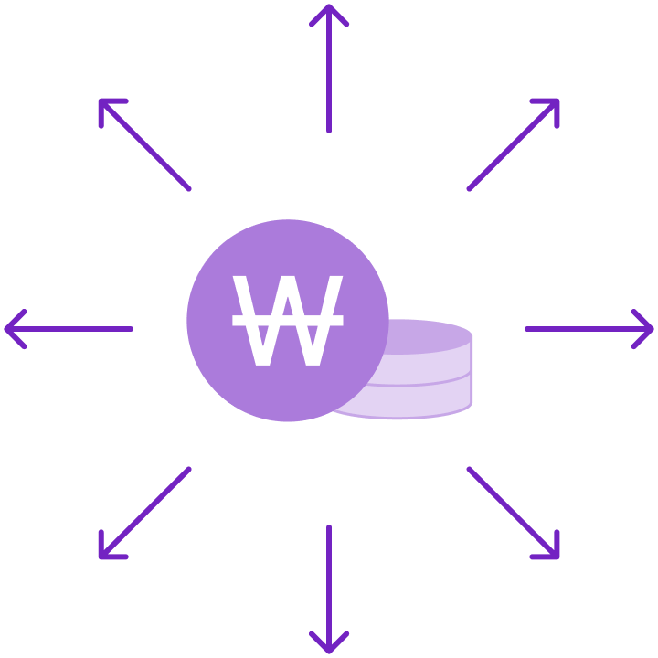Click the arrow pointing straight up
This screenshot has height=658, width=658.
coord(329,73)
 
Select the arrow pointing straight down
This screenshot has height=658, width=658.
coord(329,585)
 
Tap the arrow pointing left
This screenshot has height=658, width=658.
coord(73,329)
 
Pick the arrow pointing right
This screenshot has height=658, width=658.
coord(585,329)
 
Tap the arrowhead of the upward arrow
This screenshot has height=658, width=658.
coord(329,11)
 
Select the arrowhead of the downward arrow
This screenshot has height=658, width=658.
coord(329,647)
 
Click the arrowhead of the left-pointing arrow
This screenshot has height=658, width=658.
coord(11,329)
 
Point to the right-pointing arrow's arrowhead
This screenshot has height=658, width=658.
coord(647,329)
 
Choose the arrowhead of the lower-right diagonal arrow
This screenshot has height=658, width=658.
coord(552,552)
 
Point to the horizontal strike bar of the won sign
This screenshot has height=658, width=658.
coord(288,321)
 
